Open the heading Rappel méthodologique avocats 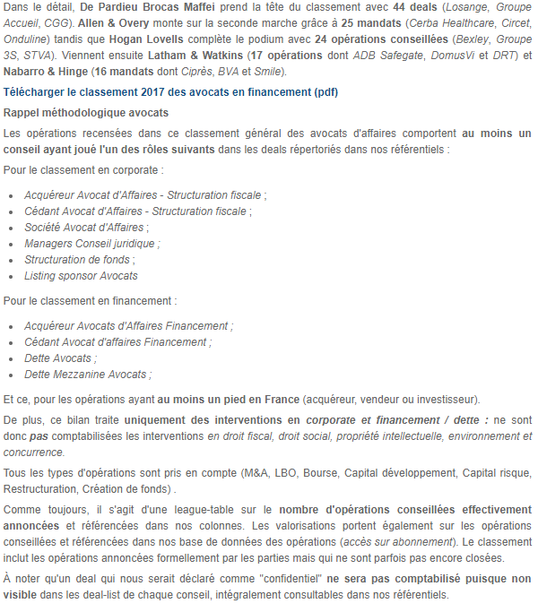[86, 113]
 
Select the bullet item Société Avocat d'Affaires [86, 228]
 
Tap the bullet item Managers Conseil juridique [91, 244]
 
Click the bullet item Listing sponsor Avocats [81, 276]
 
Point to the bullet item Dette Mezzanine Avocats [87, 375]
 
